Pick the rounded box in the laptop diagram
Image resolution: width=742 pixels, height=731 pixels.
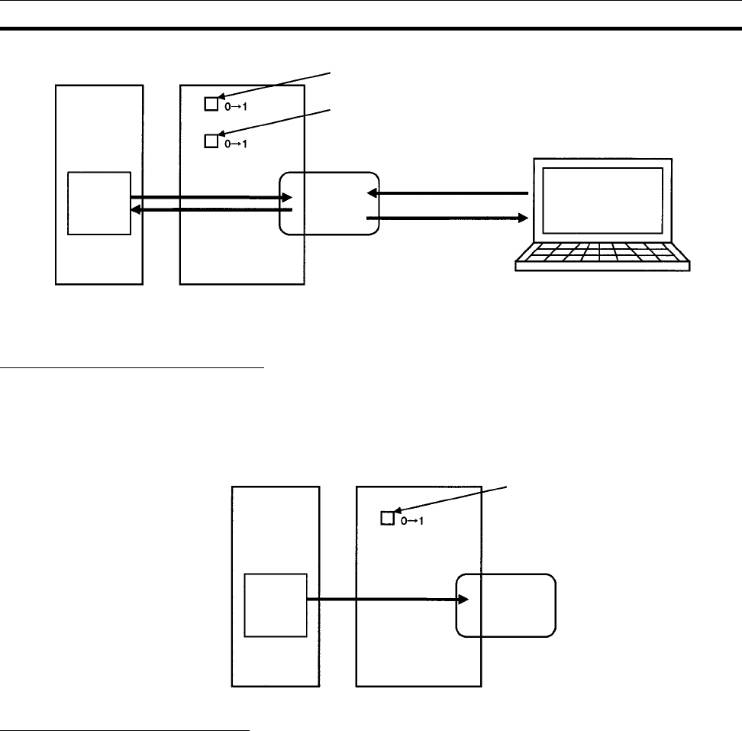(x=329, y=203)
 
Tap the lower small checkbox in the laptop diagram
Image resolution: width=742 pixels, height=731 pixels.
(x=211, y=141)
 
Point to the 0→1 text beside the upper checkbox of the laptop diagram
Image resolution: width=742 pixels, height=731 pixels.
(x=236, y=106)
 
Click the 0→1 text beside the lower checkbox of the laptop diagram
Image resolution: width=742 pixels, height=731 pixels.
(x=236, y=143)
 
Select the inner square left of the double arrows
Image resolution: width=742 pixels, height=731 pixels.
(x=99, y=203)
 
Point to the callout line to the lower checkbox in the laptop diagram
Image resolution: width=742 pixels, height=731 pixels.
(x=275, y=123)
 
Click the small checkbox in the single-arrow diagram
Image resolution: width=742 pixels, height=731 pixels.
(x=386, y=519)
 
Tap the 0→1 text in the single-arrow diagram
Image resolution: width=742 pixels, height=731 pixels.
(x=411, y=522)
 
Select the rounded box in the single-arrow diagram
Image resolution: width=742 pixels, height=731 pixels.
(x=505, y=605)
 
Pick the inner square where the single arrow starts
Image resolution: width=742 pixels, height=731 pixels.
(x=275, y=604)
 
